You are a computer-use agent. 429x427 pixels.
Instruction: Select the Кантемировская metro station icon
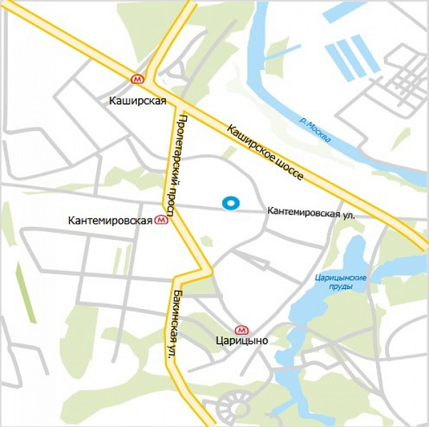162,221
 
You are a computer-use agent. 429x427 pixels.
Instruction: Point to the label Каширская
138,100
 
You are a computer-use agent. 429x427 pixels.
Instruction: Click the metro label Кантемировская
110,221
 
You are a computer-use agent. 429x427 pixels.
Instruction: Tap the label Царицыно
241,341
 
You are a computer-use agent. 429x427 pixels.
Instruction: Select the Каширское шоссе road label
266,152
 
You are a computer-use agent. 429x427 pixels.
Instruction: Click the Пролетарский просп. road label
176,164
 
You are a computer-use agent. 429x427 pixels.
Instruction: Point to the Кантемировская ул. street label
311,213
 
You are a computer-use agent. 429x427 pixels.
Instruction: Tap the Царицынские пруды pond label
340,283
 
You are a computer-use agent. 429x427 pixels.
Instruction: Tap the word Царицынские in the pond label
340,278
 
